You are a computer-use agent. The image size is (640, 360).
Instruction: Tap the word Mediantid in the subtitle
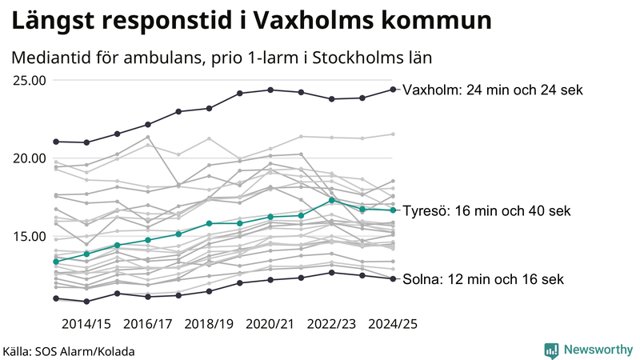[51, 58]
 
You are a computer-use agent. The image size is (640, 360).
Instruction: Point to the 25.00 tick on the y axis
[29, 80]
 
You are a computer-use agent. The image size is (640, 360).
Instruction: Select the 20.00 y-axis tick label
[29, 158]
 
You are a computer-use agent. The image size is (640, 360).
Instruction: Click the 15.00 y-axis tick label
[29, 236]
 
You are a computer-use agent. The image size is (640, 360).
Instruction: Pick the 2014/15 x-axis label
[86, 324]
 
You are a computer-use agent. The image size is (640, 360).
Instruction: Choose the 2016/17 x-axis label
[148, 324]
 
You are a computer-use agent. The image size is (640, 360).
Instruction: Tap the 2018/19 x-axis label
[210, 324]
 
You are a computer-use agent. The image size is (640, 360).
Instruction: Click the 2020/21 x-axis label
[270, 324]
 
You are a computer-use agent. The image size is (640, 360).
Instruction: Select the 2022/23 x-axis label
[332, 324]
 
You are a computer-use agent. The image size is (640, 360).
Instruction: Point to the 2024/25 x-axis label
[393, 324]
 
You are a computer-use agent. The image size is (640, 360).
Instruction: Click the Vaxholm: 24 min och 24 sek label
[493, 90]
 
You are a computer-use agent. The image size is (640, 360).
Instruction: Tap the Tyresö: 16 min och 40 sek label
[486, 211]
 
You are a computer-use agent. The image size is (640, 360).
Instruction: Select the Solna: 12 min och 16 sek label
[483, 279]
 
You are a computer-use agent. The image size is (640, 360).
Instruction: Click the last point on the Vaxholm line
[393, 90]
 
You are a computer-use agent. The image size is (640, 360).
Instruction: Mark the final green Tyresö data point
[393, 210]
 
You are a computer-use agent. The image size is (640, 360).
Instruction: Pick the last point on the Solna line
[393, 278]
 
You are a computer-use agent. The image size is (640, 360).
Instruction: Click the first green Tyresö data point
[56, 262]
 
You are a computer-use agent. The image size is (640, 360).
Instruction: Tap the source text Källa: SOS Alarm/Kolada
[69, 351]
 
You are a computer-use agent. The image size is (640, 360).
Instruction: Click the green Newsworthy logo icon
[551, 350]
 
